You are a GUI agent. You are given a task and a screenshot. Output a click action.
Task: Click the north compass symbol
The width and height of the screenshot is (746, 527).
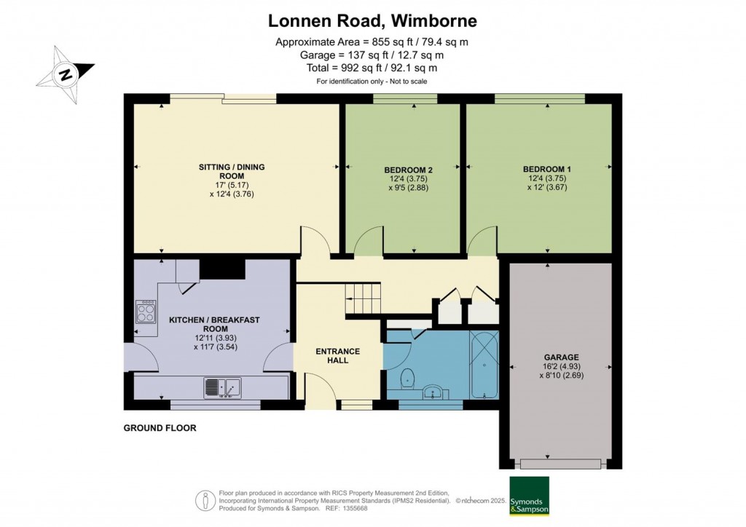66,74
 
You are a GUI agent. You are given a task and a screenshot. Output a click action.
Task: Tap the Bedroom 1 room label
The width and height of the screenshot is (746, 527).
546,169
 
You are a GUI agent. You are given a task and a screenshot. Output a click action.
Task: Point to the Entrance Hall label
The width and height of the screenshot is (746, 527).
338,356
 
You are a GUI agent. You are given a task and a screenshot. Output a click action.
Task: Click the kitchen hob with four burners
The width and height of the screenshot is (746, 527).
146,312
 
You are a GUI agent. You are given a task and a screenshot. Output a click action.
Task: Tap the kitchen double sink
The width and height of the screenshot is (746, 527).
223,388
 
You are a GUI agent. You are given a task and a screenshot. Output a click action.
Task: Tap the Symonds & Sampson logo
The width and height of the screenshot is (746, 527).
529,496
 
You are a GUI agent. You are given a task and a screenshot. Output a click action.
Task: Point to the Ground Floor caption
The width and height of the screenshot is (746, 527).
160,428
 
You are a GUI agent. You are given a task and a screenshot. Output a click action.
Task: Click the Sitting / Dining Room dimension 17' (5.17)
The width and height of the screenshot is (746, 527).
232,186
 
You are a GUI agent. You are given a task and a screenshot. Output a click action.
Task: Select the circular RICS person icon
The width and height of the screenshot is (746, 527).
205,501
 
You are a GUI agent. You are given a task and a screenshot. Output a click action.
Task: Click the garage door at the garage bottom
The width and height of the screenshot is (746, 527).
560,464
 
